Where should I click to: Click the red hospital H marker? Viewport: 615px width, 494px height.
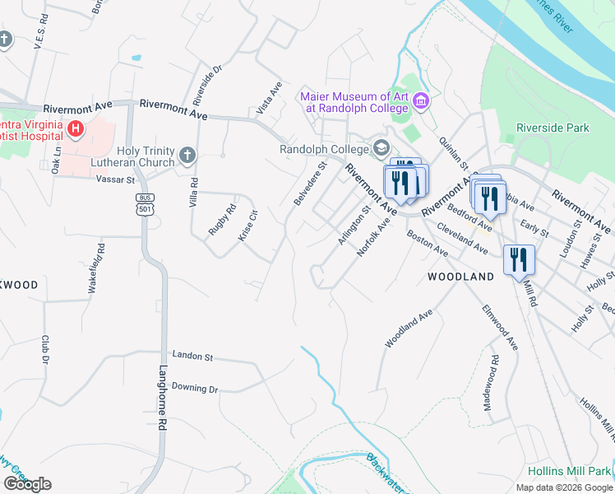[76, 129]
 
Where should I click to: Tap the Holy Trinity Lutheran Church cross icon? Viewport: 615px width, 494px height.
[187, 154]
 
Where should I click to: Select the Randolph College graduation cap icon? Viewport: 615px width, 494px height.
[381, 148]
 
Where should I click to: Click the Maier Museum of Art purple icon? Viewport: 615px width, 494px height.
[421, 102]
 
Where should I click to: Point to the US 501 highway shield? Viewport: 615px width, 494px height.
[145, 203]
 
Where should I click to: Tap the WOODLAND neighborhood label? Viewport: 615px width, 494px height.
[460, 277]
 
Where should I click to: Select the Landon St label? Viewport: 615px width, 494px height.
[192, 357]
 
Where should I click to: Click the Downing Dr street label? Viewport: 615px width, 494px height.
[195, 388]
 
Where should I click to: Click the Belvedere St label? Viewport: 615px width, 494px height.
[309, 183]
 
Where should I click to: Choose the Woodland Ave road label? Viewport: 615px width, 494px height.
[408, 326]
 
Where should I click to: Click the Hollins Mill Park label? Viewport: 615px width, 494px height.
[567, 472]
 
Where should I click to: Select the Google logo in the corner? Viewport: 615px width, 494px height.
[27, 484]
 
